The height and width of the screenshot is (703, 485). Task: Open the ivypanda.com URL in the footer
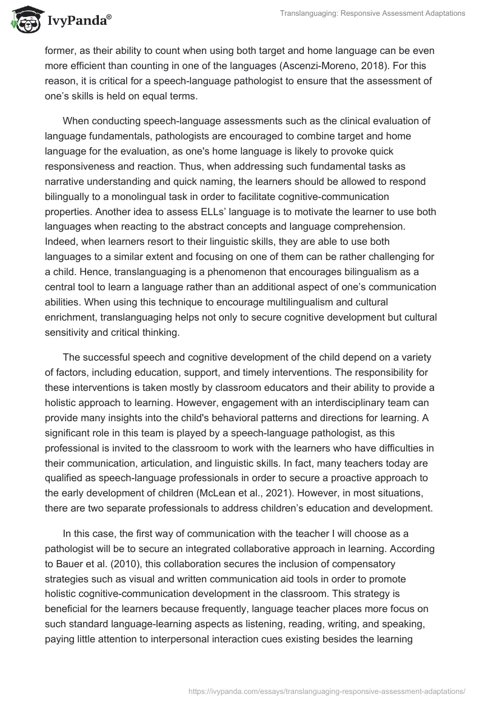coord(327,690)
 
